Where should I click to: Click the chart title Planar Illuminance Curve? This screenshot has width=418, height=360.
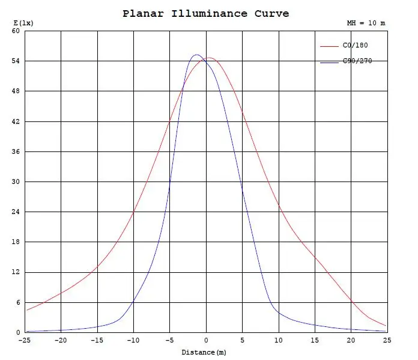(205, 13)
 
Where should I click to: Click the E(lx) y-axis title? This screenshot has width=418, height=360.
(23, 23)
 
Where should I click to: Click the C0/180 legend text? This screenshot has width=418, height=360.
(355, 45)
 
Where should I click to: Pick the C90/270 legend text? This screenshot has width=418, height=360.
(357, 61)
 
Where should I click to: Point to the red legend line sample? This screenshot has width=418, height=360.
(329, 45)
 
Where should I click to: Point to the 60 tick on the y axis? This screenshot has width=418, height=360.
(16, 31)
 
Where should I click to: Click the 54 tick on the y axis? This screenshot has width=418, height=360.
(16, 61)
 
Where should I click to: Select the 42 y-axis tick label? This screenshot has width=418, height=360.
(16, 121)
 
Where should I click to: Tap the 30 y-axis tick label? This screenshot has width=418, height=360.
(16, 182)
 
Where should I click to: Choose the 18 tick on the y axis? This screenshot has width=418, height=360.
(16, 242)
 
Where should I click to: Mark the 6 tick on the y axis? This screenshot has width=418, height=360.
(18, 302)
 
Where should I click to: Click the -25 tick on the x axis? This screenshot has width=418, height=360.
(25, 340)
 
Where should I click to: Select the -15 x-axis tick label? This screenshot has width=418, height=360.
(97, 340)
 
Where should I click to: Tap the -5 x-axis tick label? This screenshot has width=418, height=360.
(169, 340)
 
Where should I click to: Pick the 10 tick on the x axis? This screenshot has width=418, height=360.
(279, 340)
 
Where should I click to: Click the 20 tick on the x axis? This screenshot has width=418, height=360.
(351, 340)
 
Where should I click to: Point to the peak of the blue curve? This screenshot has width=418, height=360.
(196, 55)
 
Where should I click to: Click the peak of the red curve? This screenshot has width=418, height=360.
(209, 58)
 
